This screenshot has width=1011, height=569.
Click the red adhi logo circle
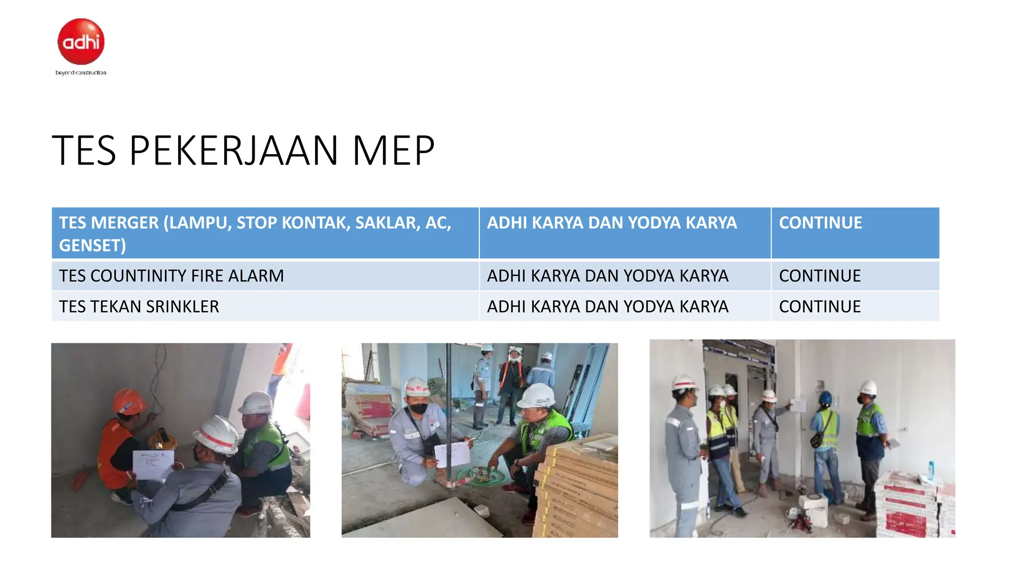click(x=81, y=41)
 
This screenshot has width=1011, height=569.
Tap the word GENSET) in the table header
click(x=92, y=245)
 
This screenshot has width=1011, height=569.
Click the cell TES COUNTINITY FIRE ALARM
click(x=171, y=276)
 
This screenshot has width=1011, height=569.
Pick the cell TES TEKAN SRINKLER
click(x=139, y=307)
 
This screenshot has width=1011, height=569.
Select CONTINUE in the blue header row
click(x=820, y=223)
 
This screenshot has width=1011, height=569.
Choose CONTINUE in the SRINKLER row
click(x=819, y=307)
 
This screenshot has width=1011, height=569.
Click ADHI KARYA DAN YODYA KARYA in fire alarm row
click(x=607, y=276)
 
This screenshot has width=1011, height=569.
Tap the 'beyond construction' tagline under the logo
click(x=81, y=73)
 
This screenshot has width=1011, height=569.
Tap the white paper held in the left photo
click(x=153, y=465)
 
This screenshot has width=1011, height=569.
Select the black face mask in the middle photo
click(x=419, y=408)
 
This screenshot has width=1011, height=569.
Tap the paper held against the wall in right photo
click(x=798, y=405)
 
